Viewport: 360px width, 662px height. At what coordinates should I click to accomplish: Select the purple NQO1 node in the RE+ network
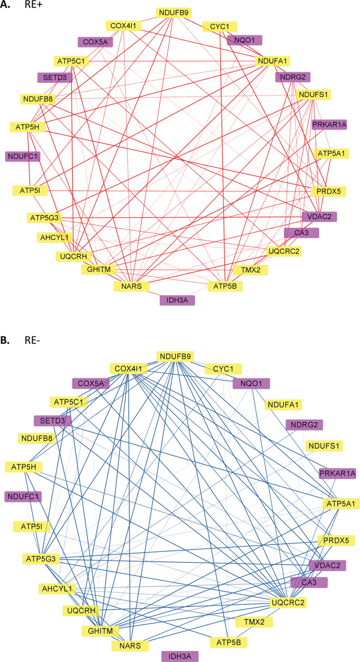pyautogui.click(x=244, y=40)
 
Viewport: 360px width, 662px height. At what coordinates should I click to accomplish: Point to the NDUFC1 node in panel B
pyautogui.click(x=23, y=496)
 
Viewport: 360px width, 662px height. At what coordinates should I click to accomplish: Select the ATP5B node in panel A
pyautogui.click(x=225, y=286)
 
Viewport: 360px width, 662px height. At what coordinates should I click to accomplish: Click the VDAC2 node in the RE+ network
pyautogui.click(x=319, y=217)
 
